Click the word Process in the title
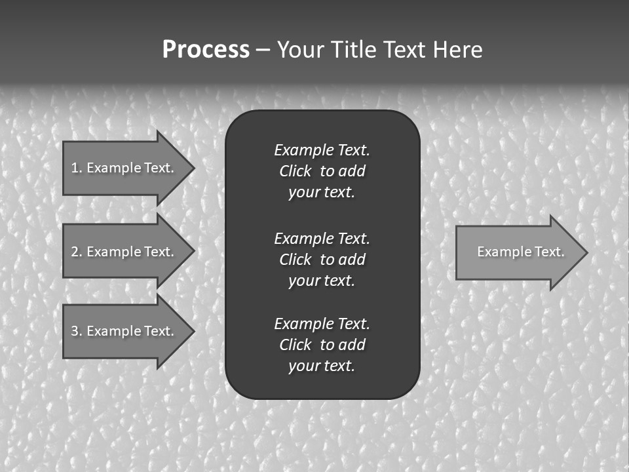click(x=206, y=50)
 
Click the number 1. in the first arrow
click(x=76, y=168)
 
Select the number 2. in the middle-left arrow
click(x=76, y=252)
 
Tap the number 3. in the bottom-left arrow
click(x=76, y=331)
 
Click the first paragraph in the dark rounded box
click(x=322, y=171)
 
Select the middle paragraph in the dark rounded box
click(x=322, y=260)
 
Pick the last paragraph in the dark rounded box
click(x=322, y=345)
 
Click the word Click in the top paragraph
click(x=295, y=171)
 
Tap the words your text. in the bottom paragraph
click(x=322, y=366)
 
